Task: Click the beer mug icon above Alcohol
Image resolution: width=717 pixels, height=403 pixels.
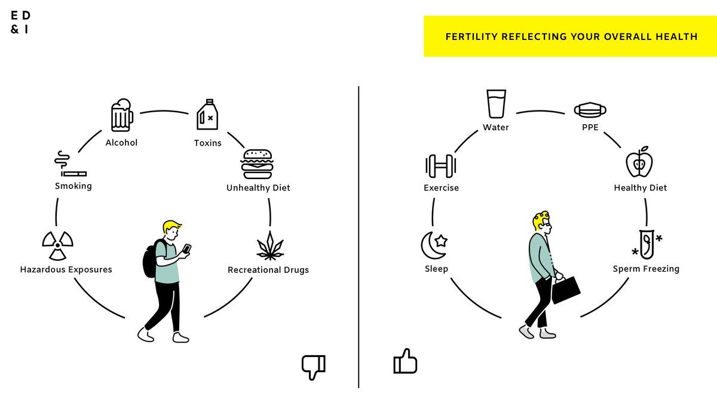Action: tap(122, 115)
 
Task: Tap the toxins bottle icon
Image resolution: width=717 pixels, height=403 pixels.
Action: tap(207, 115)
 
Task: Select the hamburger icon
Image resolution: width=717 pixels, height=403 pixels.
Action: tap(257, 164)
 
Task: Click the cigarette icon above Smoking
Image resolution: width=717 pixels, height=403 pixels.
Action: tap(70, 164)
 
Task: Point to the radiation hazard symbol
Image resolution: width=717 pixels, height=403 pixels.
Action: tap(57, 245)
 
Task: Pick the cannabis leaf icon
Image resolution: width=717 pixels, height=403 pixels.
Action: tap(270, 245)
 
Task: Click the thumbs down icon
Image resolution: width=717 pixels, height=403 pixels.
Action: tap(314, 367)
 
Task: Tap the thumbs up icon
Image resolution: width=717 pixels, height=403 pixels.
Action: tap(405, 361)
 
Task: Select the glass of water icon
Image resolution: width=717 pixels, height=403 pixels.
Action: tap(496, 104)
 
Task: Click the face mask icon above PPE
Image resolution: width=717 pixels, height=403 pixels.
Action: tap(590, 110)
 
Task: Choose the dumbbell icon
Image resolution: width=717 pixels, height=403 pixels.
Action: tap(441, 166)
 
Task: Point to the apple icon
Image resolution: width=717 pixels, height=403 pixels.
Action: tap(639, 162)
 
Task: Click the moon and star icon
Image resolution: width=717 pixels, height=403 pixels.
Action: tap(434, 245)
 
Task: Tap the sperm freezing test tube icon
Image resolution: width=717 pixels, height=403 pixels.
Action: tap(646, 244)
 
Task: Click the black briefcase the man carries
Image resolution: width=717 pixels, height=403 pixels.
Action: tap(566, 290)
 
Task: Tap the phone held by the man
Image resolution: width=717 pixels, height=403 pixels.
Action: tap(186, 248)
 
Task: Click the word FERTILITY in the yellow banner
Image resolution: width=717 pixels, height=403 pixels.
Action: tap(472, 37)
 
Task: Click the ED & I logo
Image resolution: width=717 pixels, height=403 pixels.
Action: tap(20, 23)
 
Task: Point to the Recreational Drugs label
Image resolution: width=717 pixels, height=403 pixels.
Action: tap(268, 270)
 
